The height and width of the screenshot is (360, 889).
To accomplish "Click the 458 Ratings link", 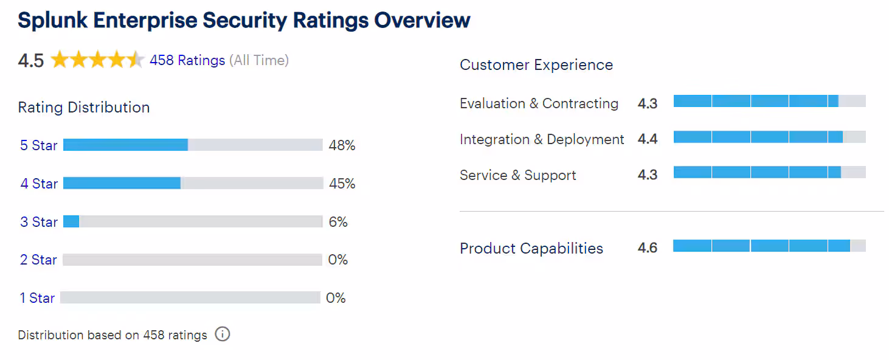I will tap(187, 60).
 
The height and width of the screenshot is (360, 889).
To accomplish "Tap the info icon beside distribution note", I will tap(223, 334).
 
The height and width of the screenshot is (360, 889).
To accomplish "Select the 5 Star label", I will tap(39, 145).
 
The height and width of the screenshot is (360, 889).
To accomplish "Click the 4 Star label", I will tap(39, 184).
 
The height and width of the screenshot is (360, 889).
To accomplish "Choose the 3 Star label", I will tap(39, 222).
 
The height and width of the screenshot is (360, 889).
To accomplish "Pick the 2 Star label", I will tap(38, 260).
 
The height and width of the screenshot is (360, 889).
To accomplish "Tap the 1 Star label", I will tap(37, 298).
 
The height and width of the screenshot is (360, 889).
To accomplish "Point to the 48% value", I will tap(342, 145).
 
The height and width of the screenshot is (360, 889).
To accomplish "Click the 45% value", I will tap(342, 184).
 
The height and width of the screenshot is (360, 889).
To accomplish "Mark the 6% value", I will tap(338, 222).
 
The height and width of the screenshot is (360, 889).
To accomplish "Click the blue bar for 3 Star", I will tap(71, 221).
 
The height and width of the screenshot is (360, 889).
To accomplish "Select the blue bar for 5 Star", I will tap(125, 145).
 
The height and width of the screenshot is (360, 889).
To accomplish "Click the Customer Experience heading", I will tap(536, 65).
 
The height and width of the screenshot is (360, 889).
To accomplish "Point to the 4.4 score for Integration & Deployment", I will tap(648, 139).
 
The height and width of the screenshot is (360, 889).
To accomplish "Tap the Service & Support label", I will tap(518, 175).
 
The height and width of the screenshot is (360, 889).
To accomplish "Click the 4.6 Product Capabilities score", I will tap(648, 248).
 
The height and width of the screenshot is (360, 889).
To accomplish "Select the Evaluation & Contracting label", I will tap(539, 103).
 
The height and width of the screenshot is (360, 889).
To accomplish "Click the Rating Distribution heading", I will tap(84, 108).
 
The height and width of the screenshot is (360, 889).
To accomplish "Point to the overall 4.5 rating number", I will tap(31, 61).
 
